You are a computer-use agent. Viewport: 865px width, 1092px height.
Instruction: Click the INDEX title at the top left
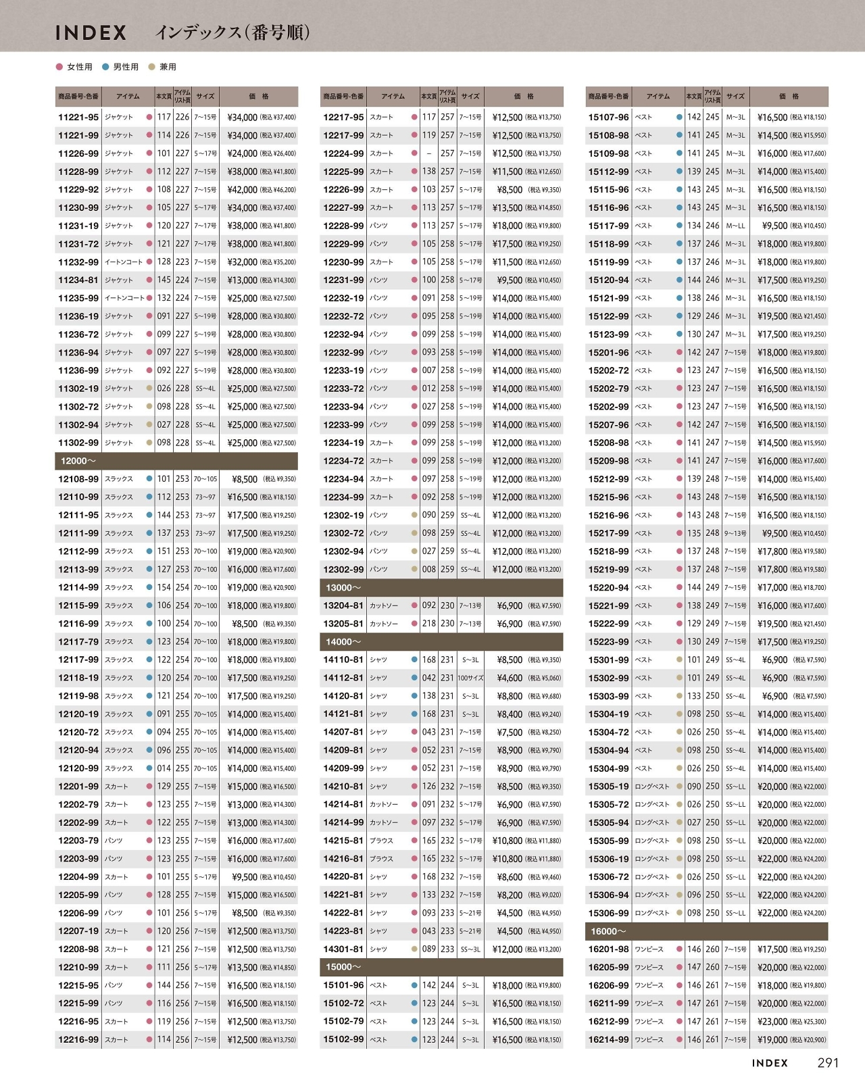point(91,32)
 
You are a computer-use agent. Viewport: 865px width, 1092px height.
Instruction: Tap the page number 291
point(828,1063)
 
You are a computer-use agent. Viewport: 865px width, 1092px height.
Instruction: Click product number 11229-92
point(78,190)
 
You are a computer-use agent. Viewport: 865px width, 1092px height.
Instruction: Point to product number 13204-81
point(343,606)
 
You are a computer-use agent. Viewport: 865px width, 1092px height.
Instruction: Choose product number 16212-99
point(608,1022)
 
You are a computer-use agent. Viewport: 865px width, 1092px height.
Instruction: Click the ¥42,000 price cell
point(242,190)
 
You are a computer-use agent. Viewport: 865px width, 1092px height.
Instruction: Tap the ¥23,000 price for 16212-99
point(772,1022)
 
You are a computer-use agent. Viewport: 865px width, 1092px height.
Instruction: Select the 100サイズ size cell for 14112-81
point(470,678)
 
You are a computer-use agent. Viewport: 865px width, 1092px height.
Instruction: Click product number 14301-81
point(343,949)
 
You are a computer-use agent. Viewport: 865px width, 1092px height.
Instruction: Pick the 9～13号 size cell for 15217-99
point(735,534)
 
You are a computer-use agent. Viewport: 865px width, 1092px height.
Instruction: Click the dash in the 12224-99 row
point(429,154)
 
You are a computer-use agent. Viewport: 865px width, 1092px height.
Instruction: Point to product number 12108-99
point(78,479)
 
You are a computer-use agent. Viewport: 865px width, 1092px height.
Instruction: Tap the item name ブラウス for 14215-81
point(381,841)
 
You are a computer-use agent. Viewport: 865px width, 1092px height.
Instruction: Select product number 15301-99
point(608,660)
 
